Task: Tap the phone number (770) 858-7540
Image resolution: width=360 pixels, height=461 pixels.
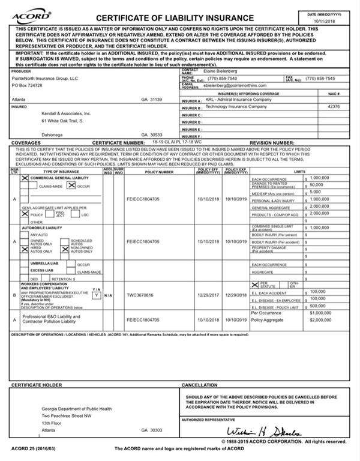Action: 222,79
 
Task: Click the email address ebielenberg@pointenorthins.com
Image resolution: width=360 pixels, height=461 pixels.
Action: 233,86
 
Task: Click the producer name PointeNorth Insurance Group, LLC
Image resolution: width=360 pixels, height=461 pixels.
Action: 44,78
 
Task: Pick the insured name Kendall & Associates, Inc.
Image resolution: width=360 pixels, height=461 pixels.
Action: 66,113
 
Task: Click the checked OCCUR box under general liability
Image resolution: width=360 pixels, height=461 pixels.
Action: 71,187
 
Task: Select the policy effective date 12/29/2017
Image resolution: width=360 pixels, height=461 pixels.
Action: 208,295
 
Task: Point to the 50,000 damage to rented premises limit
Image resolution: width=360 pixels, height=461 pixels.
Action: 319,185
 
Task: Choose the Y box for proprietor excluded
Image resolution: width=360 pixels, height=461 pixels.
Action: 95,295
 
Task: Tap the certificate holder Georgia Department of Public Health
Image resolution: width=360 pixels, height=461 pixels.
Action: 77,408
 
